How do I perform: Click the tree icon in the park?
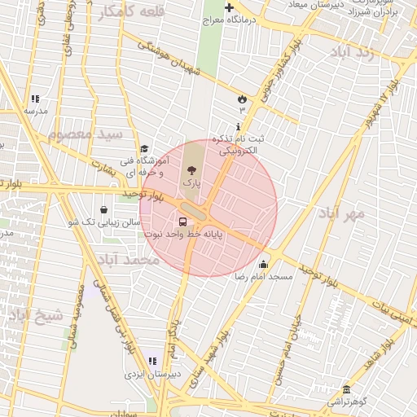pyautogui.click(x=191, y=171)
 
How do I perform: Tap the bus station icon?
pyautogui.click(x=182, y=222)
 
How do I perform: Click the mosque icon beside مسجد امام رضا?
pyautogui.click(x=263, y=264)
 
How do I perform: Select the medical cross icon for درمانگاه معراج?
pyautogui.click(x=229, y=7)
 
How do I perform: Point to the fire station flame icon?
pyautogui.click(x=241, y=99)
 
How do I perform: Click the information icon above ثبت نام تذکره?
pyautogui.click(x=238, y=127)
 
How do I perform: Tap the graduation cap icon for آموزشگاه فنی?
pyautogui.click(x=144, y=148)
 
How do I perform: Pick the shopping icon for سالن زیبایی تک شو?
pyautogui.click(x=103, y=209)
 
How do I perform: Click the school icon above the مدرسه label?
pyautogui.click(x=35, y=98)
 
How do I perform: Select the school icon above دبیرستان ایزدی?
pyautogui.click(x=151, y=361)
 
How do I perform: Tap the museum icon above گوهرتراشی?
pyautogui.click(x=346, y=389)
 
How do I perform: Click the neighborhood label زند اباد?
pyautogui.click(x=352, y=52)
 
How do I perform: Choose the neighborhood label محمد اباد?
pyautogui.click(x=129, y=260)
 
